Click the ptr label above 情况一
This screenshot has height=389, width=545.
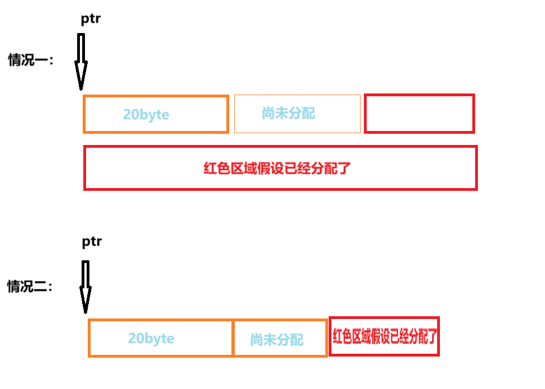pyautogui.click(x=91, y=19)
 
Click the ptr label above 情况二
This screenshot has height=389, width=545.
pyautogui.click(x=92, y=241)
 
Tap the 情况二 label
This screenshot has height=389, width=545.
pyautogui.click(x=30, y=287)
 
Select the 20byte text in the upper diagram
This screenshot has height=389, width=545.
pyautogui.click(x=146, y=115)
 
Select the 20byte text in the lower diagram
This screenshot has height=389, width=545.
pyautogui.click(x=151, y=339)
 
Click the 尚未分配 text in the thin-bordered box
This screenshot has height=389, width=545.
pyautogui.click(x=288, y=114)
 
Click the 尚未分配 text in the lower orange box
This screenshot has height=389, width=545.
pyautogui.click(x=277, y=340)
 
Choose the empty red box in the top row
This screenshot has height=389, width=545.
pyautogui.click(x=419, y=114)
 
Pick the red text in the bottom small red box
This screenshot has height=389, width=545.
pyautogui.click(x=384, y=336)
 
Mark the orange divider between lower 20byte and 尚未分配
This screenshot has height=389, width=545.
pyautogui.click(x=233, y=338)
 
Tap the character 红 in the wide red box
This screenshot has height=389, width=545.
pyautogui.click(x=210, y=168)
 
